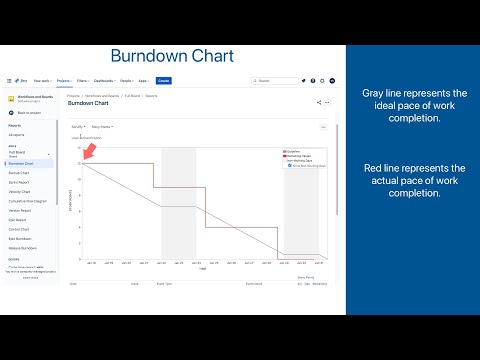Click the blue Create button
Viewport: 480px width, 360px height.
[x=164, y=80]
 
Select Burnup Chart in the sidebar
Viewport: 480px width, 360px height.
[x=21, y=172]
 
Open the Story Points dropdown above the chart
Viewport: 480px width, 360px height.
[x=102, y=127]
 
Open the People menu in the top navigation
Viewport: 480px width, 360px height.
[x=126, y=80]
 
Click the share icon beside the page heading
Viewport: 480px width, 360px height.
[x=318, y=102]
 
